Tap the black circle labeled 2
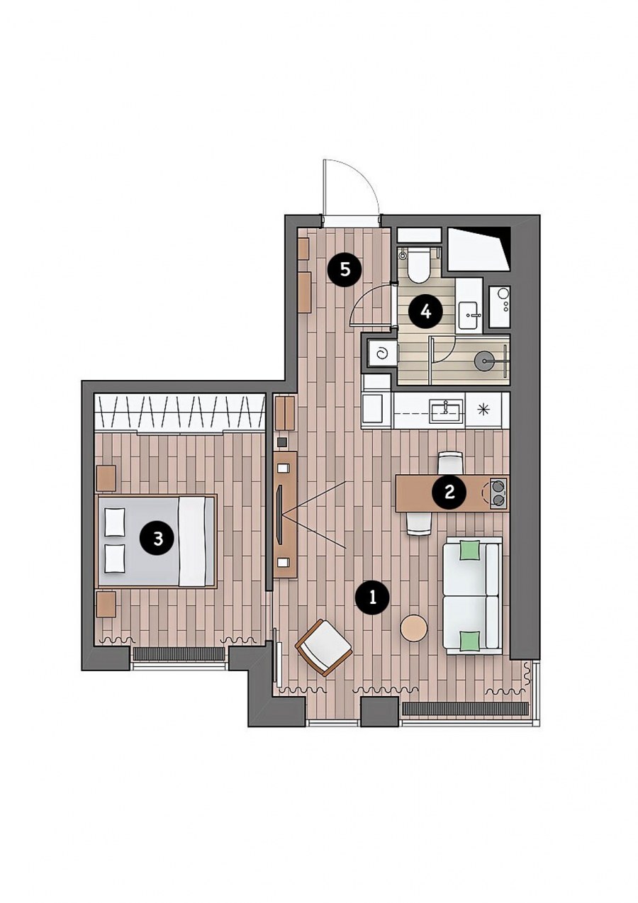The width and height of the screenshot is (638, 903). tap(449, 492)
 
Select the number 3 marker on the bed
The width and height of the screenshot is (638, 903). tap(158, 538)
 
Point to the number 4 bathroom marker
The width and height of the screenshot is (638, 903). tap(425, 312)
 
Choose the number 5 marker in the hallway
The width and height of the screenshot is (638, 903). tap(345, 270)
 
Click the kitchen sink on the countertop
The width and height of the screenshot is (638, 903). tap(447, 411)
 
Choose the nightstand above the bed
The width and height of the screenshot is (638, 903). tap(106, 478)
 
